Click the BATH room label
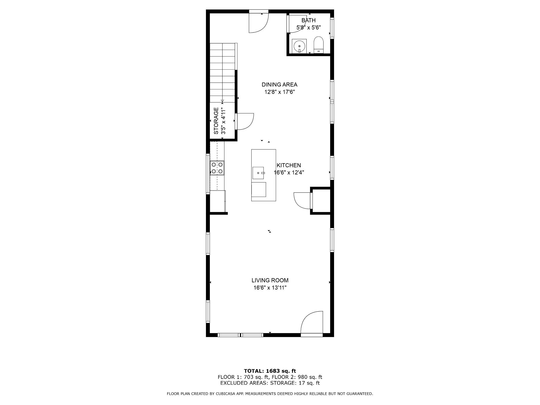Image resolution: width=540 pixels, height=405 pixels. [308, 20]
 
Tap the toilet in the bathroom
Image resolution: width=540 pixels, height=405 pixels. [319, 45]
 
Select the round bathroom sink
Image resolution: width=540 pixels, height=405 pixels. [299, 46]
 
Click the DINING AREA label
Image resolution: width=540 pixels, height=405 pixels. [279, 85]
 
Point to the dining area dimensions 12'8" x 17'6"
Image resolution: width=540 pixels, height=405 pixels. [279, 92]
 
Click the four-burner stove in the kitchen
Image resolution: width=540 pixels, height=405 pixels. [217, 168]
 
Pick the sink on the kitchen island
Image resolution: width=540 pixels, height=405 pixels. [258, 173]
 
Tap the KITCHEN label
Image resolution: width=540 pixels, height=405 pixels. [289, 165]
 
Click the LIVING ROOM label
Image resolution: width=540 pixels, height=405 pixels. [270, 280]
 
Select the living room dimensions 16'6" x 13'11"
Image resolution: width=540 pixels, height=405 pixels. [270, 288]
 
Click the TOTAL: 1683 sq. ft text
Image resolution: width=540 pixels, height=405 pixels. [270, 371]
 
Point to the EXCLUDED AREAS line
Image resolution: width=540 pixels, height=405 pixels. [270, 383]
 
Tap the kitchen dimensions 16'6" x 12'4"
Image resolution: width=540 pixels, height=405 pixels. [289, 173]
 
